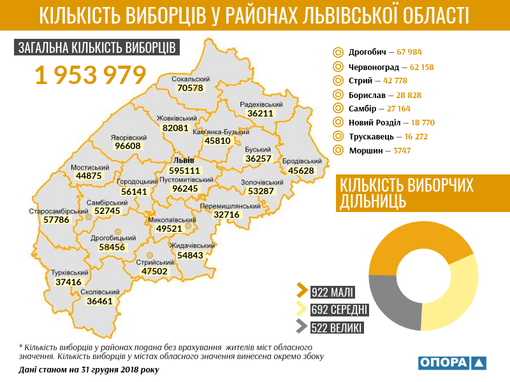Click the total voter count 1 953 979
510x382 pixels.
pyautogui.click(x=91, y=75)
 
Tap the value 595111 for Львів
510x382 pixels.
pyautogui.click(x=185, y=171)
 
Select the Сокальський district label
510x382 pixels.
pyautogui.click(x=191, y=79)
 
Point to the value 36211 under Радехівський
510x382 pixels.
pyautogui.click(x=260, y=113)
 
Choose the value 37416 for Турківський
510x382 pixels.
pyautogui.click(x=68, y=281)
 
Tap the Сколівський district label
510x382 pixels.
pyautogui.click(x=100, y=292)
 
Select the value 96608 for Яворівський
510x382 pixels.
pyautogui.click(x=127, y=146)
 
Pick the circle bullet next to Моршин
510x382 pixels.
pyautogui.click(x=338, y=151)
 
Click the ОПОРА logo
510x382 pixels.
pyautogui.click(x=453, y=363)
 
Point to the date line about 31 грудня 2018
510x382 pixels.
pyautogui.click(x=89, y=369)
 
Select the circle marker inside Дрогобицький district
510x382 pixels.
pyautogui.click(x=117, y=232)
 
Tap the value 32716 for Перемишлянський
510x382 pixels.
pyautogui.click(x=226, y=215)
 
